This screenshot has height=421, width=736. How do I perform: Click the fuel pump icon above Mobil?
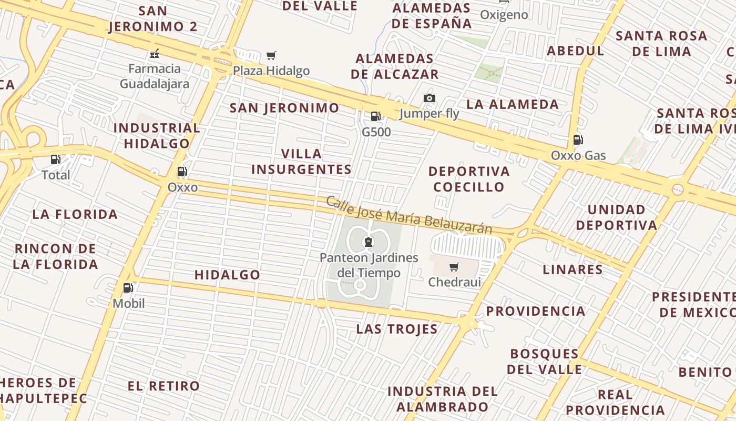click(x=128, y=288)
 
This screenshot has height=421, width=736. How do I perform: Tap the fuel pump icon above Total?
click(x=55, y=159)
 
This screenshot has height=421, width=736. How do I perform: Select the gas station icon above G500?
click(x=375, y=116)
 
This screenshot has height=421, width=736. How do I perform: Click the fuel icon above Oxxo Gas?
click(x=578, y=139)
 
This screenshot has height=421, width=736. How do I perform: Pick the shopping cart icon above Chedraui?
click(x=454, y=267)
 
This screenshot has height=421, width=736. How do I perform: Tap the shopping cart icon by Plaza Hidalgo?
click(x=271, y=55)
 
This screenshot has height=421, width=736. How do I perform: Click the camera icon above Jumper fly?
click(x=430, y=98)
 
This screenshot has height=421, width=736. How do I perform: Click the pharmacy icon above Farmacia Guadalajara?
click(x=155, y=53)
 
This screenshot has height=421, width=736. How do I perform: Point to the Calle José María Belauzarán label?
click(x=409, y=215)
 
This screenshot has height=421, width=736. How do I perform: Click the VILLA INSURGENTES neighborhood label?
click(x=301, y=162)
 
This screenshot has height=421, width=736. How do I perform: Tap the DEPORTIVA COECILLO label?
click(x=469, y=179)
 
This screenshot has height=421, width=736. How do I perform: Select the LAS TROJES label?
click(x=397, y=329)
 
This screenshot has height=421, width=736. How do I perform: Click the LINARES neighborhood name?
click(x=573, y=269)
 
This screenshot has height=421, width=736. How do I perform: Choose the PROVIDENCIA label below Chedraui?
click(x=535, y=311)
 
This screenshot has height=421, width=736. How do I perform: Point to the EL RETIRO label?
click(x=163, y=386)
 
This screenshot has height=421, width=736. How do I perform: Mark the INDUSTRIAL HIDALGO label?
click(x=157, y=136)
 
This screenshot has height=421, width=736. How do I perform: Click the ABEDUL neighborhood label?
click(x=576, y=51)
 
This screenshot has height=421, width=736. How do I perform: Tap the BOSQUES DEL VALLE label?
click(x=544, y=361)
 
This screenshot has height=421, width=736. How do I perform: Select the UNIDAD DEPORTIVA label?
click(x=616, y=217)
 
